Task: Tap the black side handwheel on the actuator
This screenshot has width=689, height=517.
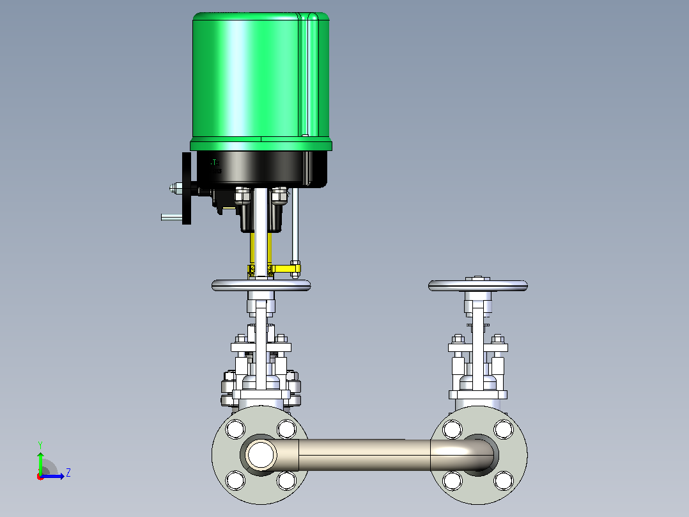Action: [187, 188]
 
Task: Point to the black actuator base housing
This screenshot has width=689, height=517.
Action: [262, 168]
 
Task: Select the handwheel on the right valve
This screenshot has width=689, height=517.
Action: [478, 285]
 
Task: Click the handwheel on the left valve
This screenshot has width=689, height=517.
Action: [261, 285]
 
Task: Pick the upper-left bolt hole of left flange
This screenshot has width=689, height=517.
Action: [235, 429]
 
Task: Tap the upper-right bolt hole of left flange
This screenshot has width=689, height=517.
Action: [286, 429]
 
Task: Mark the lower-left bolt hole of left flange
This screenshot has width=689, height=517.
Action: [235, 480]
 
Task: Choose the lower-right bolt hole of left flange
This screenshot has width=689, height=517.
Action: [286, 480]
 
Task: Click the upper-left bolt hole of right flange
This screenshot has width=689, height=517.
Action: [453, 429]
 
